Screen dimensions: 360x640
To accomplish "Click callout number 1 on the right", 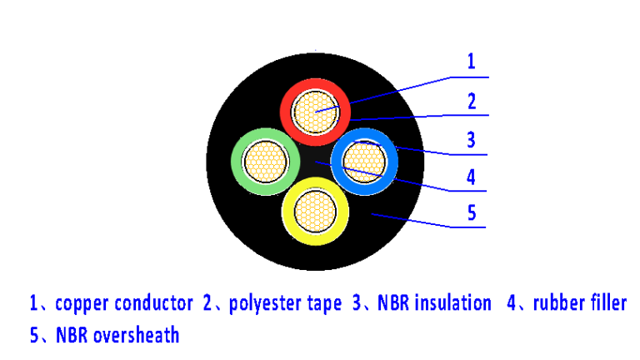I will pos(471,61).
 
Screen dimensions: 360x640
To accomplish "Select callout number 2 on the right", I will pos(472,102).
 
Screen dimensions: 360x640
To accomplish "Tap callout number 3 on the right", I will pos(472,139).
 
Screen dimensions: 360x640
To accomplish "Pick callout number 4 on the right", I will pos(472,177).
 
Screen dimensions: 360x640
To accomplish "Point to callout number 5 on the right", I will pos(472,212).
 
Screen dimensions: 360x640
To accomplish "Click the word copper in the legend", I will pos(82,303).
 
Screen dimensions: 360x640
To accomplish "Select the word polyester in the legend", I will pos(264,303).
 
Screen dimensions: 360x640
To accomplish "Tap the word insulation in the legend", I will pos(448,303).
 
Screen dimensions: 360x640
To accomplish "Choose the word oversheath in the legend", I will pos(136,336).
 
